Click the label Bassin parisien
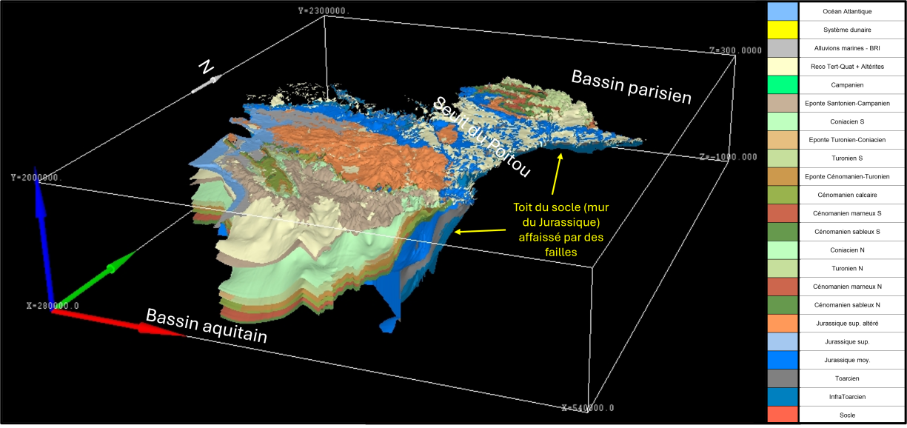(x=631, y=87)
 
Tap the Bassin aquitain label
(x=206, y=325)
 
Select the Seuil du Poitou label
(x=482, y=136)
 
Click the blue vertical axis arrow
(x=44, y=237)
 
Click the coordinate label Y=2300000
(x=324, y=10)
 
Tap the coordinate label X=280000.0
(x=53, y=305)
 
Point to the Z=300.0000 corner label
(x=735, y=50)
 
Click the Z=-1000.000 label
(x=729, y=157)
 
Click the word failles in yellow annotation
(x=560, y=252)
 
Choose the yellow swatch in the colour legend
(x=782, y=30)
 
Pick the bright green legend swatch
(x=782, y=84)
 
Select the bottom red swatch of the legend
(x=782, y=414)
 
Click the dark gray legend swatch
(x=782, y=378)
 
